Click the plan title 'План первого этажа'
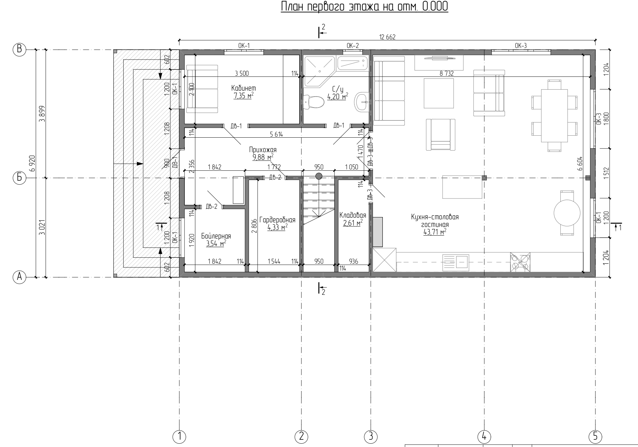point(330,7)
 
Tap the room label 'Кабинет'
point(244,88)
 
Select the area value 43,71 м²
point(435,232)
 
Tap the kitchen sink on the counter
point(456,261)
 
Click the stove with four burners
point(520,262)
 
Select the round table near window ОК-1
point(567,213)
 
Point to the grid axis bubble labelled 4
point(484,436)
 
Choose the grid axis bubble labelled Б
point(20,178)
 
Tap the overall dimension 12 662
point(387,37)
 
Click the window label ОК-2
point(353,46)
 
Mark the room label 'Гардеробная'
point(277,220)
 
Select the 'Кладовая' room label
point(353,215)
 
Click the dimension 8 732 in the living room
point(447,74)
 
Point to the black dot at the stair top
point(319,176)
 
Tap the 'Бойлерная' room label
point(216,236)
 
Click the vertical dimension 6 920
point(32,163)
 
